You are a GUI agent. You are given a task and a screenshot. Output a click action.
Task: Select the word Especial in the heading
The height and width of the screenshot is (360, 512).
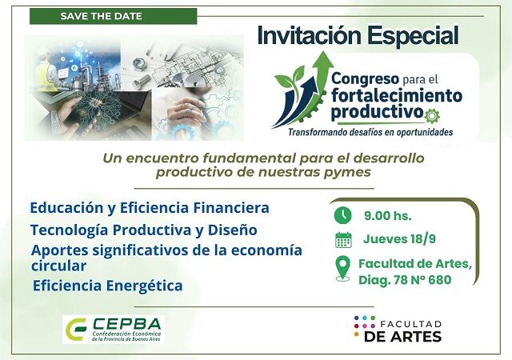[x=419, y=36]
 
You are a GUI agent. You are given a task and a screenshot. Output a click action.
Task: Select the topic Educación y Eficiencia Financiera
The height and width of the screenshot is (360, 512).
[x=149, y=208]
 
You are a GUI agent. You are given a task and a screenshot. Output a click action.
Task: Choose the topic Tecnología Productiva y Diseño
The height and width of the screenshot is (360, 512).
[x=143, y=230]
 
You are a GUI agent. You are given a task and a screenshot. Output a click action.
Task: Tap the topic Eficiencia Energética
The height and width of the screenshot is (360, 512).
[x=107, y=285]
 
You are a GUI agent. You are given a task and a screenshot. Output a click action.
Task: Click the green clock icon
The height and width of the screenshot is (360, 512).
[x=342, y=214]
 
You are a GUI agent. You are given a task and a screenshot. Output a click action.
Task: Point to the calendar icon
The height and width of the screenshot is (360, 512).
[x=343, y=239]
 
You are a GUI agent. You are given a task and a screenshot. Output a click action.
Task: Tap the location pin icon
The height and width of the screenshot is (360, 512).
[x=342, y=270]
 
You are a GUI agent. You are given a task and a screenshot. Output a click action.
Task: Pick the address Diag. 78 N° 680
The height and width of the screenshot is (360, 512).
[x=405, y=280]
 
